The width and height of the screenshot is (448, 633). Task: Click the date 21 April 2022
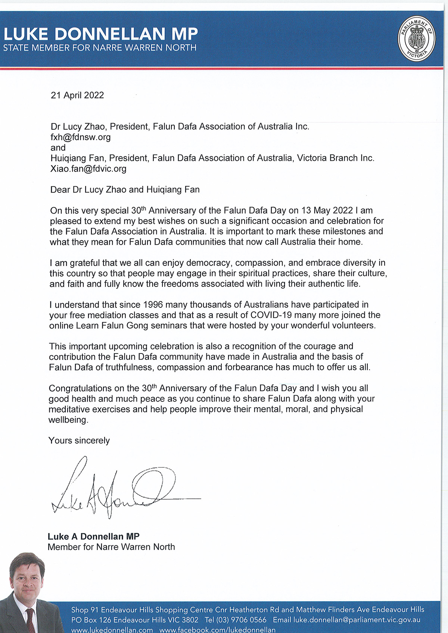77,95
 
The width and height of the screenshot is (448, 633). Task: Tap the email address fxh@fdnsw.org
81,137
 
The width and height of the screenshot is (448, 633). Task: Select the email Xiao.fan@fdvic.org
88,169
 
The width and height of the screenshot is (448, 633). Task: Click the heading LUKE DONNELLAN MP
100,34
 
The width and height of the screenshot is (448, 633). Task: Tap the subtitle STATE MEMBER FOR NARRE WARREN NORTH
100,48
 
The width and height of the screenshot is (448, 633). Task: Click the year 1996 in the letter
153,305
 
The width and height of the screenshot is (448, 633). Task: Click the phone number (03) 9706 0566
241,620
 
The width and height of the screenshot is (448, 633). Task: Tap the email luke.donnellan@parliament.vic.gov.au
357,620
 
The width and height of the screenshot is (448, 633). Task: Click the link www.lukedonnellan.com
112,630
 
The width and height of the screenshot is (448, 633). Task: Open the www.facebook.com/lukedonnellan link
217,630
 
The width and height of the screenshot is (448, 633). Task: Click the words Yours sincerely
79,441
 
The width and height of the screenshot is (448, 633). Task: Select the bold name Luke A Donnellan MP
94,536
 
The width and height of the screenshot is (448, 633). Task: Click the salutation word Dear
60,189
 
